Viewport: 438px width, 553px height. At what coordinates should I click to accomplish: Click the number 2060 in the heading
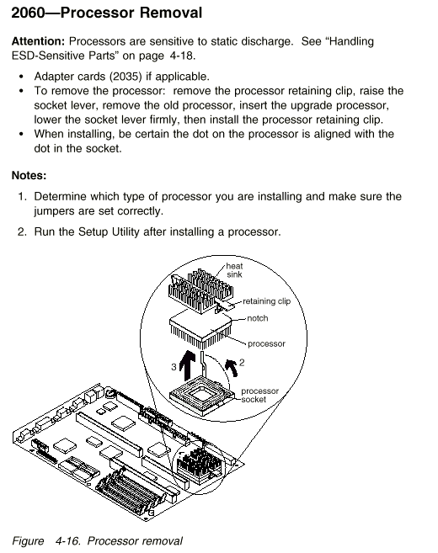(x=29, y=13)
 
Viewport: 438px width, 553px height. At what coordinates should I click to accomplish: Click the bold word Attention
(x=38, y=41)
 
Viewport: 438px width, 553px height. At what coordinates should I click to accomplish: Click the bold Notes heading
(x=29, y=175)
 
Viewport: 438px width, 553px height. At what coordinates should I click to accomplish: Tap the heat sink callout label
(x=234, y=270)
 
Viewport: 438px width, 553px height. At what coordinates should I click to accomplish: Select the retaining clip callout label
(x=266, y=301)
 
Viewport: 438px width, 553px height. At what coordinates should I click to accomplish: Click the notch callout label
(x=257, y=318)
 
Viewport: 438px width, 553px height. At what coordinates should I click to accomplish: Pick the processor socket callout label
(x=259, y=395)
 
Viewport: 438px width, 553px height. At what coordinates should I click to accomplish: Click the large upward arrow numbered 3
(x=187, y=365)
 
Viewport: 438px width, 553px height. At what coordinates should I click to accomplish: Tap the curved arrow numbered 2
(x=232, y=368)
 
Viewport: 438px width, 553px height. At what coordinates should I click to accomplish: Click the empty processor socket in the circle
(x=202, y=396)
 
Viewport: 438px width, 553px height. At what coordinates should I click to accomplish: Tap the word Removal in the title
(x=171, y=13)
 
